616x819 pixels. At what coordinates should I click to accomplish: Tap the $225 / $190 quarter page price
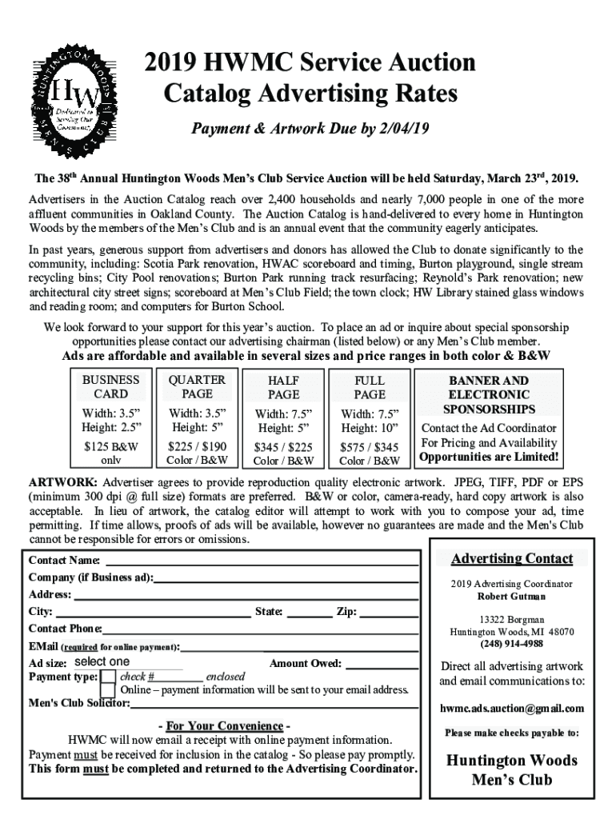click(x=197, y=446)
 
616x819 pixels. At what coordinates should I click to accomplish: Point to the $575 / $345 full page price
click(x=369, y=447)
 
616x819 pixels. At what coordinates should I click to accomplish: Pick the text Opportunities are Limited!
click(x=489, y=457)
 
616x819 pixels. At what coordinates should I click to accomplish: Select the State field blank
click(x=309, y=613)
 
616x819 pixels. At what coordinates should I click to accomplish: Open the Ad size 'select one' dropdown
click(x=128, y=662)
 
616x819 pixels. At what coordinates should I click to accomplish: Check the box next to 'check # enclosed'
click(x=108, y=677)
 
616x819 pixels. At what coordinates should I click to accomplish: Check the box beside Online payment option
click(x=108, y=691)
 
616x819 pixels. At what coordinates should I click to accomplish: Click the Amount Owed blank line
click(x=382, y=664)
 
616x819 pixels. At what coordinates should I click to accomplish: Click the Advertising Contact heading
click(x=511, y=558)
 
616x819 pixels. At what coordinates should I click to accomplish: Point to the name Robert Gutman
click(x=511, y=596)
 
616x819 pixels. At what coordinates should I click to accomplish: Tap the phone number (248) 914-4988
click(x=511, y=644)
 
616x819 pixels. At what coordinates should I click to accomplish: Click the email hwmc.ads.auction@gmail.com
click(x=511, y=708)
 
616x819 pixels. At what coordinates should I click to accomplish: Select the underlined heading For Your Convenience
click(x=223, y=726)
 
